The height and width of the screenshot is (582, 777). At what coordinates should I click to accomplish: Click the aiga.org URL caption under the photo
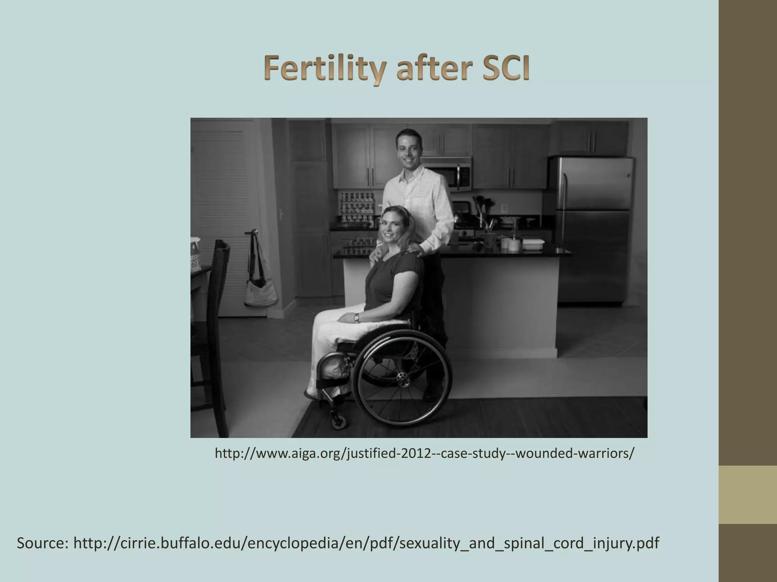pyautogui.click(x=424, y=453)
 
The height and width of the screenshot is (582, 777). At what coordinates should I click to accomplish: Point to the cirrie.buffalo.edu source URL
pyautogui.click(x=366, y=543)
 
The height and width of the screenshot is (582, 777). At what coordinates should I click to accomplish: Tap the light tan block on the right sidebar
pyautogui.click(x=747, y=494)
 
